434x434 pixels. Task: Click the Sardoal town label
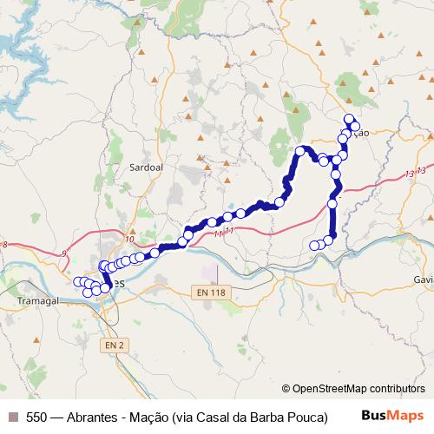coord(146,164)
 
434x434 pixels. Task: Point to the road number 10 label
coord(129,239)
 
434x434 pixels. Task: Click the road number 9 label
coord(63,253)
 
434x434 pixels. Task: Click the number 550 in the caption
coord(37,415)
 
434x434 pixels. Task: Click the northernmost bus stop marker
coord(349,118)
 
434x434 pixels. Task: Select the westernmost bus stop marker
coord(77,281)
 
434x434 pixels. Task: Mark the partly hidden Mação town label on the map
coord(361,133)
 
